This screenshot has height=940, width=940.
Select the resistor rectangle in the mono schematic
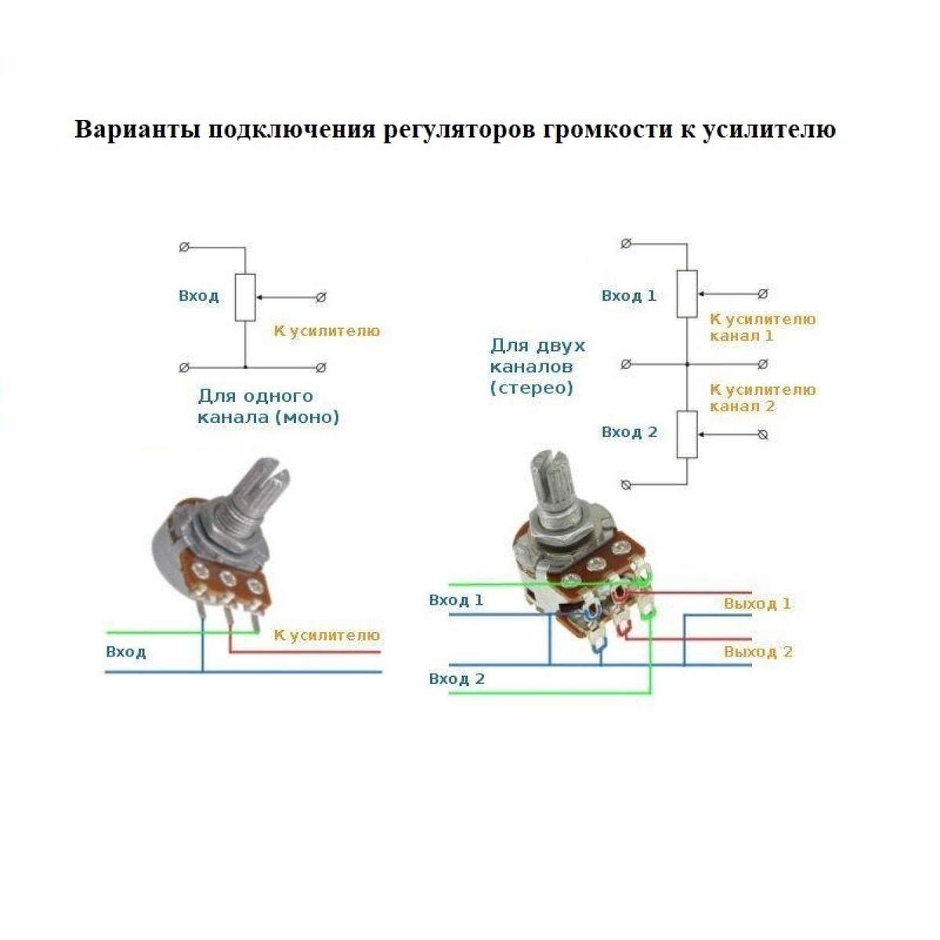pos(245,298)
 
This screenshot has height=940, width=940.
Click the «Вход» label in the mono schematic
pos(198,296)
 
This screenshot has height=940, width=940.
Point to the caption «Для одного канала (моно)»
pos(268,407)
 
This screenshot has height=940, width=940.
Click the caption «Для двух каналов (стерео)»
pos(537,367)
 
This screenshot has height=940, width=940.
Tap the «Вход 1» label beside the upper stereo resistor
pos(628,296)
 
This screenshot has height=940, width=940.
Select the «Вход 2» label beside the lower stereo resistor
pos(629,432)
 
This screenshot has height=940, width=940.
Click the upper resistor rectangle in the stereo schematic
pos(687,294)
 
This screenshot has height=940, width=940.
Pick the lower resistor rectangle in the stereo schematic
pos(687,434)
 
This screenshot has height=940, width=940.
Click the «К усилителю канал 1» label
pos(762,327)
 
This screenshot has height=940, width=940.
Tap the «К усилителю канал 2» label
pos(762,398)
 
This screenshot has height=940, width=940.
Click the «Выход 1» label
pos(757,604)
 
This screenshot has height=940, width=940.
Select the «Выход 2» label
pos(757,652)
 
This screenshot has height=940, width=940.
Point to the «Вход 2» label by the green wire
pos(457,679)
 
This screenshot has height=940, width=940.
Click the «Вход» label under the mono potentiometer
pos(126,652)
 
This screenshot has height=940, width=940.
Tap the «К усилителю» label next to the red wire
pos(327,635)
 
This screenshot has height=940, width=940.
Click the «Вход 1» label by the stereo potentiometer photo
pos(456,601)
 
